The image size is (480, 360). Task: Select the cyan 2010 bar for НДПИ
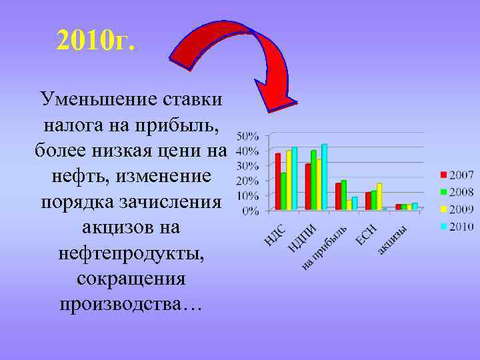(x=325, y=177)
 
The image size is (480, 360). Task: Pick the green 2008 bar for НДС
(x=283, y=191)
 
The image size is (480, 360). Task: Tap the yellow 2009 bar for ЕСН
(x=379, y=197)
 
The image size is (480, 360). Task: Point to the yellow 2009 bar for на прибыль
(x=349, y=205)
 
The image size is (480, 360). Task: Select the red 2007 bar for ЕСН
(x=368, y=201)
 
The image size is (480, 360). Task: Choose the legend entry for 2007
(x=457, y=175)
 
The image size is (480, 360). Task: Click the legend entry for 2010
(x=457, y=226)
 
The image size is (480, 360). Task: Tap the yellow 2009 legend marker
(x=443, y=209)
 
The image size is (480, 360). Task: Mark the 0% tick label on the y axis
(x=250, y=211)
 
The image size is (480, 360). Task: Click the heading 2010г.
(x=96, y=41)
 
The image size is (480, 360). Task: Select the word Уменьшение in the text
(x=98, y=100)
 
